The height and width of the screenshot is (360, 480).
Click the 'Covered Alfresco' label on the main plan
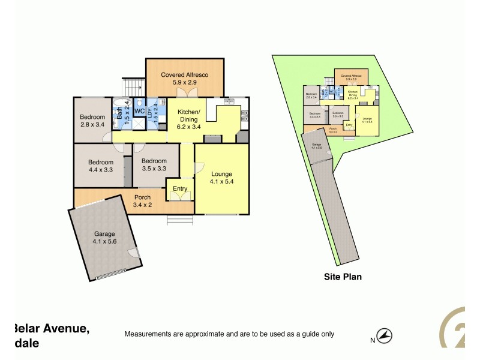(185, 75)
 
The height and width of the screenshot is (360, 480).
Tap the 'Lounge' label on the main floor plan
(221, 174)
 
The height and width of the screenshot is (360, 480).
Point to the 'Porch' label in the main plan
(142, 197)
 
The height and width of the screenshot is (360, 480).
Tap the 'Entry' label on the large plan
(179, 189)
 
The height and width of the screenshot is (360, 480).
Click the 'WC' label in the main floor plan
(139, 112)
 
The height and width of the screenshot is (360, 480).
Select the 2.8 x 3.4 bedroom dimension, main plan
(92, 125)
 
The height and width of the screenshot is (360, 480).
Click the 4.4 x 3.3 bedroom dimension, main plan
(100, 169)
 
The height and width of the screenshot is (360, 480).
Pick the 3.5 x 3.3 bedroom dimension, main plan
(154, 169)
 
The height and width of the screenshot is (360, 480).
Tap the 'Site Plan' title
(342, 277)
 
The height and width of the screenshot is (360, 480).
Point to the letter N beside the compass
(373, 340)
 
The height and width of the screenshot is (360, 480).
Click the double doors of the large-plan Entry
(180, 196)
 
